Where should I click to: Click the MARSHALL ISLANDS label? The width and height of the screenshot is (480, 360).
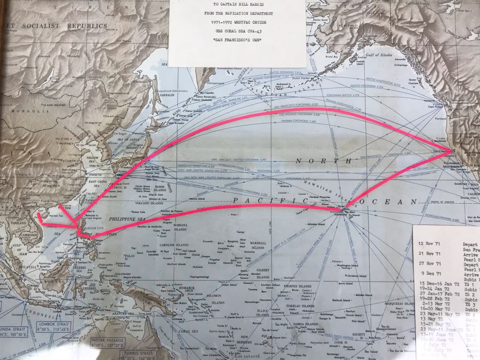(x=258, y=246)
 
